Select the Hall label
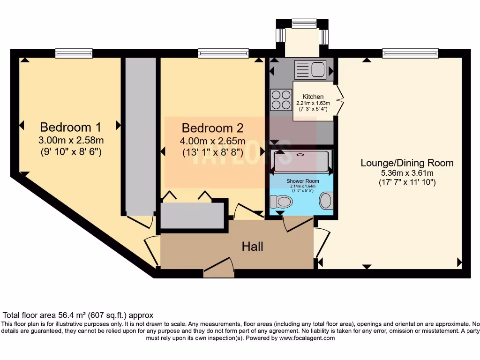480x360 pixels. [x=252, y=246]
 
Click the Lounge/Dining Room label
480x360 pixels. [x=407, y=163]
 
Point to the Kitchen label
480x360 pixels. [x=313, y=97]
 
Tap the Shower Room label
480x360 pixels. [x=303, y=181]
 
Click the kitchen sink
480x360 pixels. [x=310, y=70]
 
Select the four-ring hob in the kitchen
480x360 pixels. [x=280, y=99]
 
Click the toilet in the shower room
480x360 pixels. [x=283, y=202]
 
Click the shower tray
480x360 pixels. [x=302, y=161]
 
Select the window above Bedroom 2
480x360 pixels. [x=223, y=53]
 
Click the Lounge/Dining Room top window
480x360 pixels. [x=410, y=53]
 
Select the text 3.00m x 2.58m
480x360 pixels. [x=72, y=140]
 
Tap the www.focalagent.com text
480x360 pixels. [x=307, y=338]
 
